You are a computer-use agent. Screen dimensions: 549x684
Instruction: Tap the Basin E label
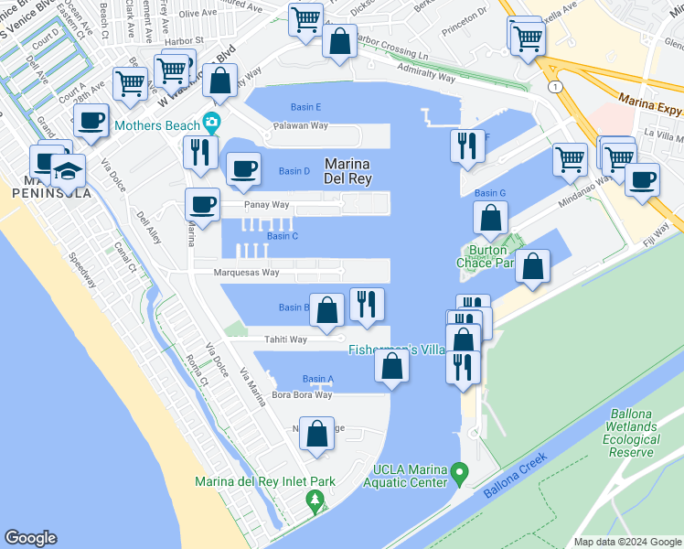pyautogui.click(x=305, y=107)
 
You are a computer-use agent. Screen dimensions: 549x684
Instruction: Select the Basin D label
pyautogui.click(x=294, y=171)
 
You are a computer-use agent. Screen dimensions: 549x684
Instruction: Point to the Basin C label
pyautogui.click(x=283, y=236)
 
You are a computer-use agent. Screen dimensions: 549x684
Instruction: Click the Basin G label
pyautogui.click(x=490, y=193)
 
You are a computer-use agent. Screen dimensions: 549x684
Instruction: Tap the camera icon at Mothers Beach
pyautogui.click(x=212, y=121)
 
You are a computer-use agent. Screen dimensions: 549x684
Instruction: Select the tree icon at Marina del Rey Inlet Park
pyautogui.click(x=315, y=501)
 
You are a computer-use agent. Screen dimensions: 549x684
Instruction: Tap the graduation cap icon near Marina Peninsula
pyautogui.click(x=68, y=171)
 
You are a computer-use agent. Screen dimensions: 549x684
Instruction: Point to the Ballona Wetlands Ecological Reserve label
pyautogui.click(x=631, y=433)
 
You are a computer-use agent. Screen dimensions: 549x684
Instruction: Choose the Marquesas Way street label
pyautogui.click(x=246, y=273)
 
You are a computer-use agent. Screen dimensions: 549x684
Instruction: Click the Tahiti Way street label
pyautogui.click(x=285, y=339)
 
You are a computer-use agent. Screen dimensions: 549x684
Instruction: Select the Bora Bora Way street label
pyautogui.click(x=301, y=395)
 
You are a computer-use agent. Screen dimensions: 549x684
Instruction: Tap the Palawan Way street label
pyautogui.click(x=303, y=125)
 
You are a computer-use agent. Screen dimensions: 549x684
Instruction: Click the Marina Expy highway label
pyautogui.click(x=651, y=100)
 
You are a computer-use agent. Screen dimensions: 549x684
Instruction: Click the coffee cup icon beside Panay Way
pyautogui.click(x=201, y=205)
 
